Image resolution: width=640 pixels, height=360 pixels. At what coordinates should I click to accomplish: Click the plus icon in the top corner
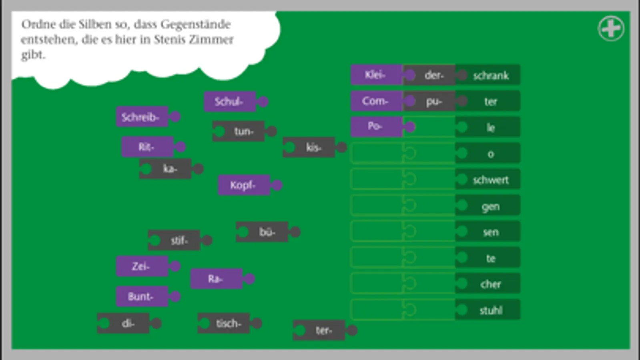pos(611,28)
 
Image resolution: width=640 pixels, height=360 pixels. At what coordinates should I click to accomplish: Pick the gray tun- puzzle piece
pos(243,131)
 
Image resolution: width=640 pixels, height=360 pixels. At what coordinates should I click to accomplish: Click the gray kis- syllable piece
pos(313,147)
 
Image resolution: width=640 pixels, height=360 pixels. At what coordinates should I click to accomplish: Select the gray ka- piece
pos(170,169)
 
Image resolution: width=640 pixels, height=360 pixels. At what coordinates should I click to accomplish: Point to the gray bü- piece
pos(267,232)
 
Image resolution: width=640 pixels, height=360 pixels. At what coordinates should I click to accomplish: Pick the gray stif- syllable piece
pos(179,240)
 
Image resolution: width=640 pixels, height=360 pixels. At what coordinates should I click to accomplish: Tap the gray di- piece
pos(127,323)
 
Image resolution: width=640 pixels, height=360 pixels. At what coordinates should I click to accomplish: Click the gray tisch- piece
pos(228,323)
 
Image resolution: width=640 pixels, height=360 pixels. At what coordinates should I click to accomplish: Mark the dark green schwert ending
pos(490,180)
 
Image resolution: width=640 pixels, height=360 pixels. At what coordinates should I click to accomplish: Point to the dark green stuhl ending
pos(490,310)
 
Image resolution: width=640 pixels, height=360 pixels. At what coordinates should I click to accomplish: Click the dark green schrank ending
pos(490,75)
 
